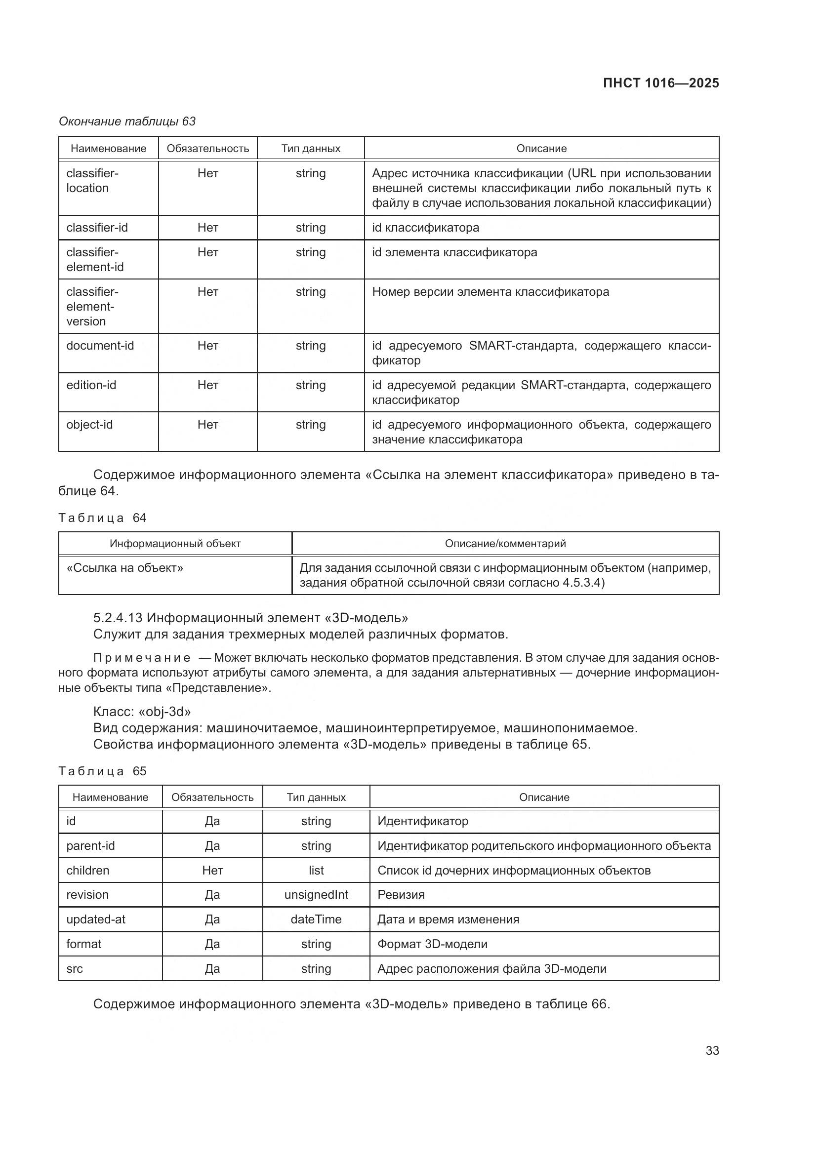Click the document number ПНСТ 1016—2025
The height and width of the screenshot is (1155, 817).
[660, 83]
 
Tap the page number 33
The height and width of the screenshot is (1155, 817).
[712, 1050]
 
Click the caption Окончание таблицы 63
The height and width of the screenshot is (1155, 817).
[127, 121]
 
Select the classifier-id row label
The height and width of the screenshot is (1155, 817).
[97, 227]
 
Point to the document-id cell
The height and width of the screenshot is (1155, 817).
[100, 346]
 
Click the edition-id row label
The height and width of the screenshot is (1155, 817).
[91, 385]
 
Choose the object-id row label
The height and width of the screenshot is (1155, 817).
[89, 425]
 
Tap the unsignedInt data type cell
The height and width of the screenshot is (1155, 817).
[316, 894]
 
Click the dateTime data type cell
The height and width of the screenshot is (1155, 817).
[316, 919]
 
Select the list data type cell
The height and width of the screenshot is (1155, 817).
[316, 870]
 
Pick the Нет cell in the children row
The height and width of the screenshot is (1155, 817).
[212, 870]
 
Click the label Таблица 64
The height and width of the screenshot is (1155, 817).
[102, 518]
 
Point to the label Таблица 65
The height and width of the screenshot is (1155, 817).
[102, 771]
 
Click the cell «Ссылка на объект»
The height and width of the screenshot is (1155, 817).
[125, 568]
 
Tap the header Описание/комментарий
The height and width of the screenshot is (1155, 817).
[505, 543]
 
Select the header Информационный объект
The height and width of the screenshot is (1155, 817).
[175, 543]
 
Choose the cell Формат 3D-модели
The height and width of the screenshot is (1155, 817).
[432, 944]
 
